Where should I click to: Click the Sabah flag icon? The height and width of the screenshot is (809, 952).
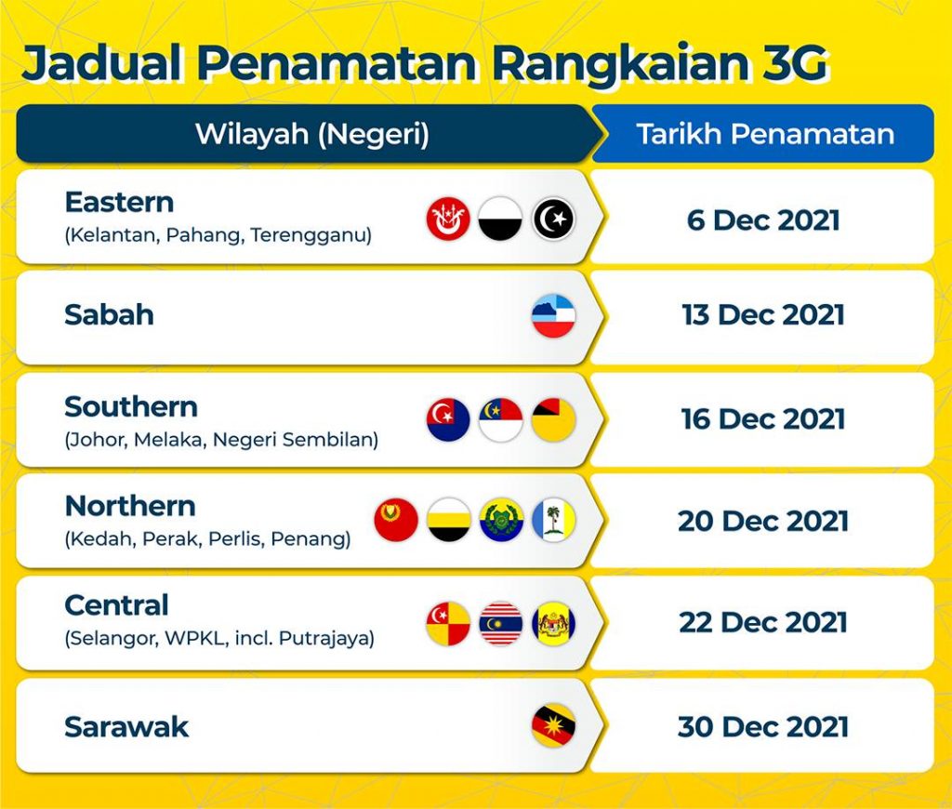tap(553, 316)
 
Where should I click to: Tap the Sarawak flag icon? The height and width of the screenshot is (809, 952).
tap(553, 725)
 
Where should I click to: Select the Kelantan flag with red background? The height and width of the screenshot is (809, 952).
tap(448, 219)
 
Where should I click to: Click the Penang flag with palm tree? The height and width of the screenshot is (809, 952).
tap(553, 520)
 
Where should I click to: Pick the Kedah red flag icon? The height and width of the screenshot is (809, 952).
tap(396, 520)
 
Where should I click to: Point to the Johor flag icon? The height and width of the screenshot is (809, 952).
tap(448, 419)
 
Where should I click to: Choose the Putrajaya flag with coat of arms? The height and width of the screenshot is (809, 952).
tap(553, 623)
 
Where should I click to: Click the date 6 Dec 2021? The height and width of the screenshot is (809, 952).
tap(763, 219)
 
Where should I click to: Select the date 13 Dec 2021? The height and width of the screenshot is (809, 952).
tap(763, 315)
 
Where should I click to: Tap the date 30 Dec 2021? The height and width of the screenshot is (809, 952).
tap(763, 727)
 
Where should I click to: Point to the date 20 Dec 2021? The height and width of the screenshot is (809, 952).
tap(763, 521)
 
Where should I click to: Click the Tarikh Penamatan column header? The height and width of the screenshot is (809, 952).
tap(765, 134)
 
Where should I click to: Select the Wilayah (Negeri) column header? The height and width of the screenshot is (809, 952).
tap(312, 134)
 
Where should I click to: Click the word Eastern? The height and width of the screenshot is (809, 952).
tap(119, 203)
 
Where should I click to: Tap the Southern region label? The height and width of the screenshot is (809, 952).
tap(131, 407)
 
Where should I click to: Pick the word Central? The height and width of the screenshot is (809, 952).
tap(116, 605)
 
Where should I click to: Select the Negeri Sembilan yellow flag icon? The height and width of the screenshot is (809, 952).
tap(553, 419)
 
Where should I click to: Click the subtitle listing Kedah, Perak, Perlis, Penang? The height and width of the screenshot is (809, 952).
tap(207, 539)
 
